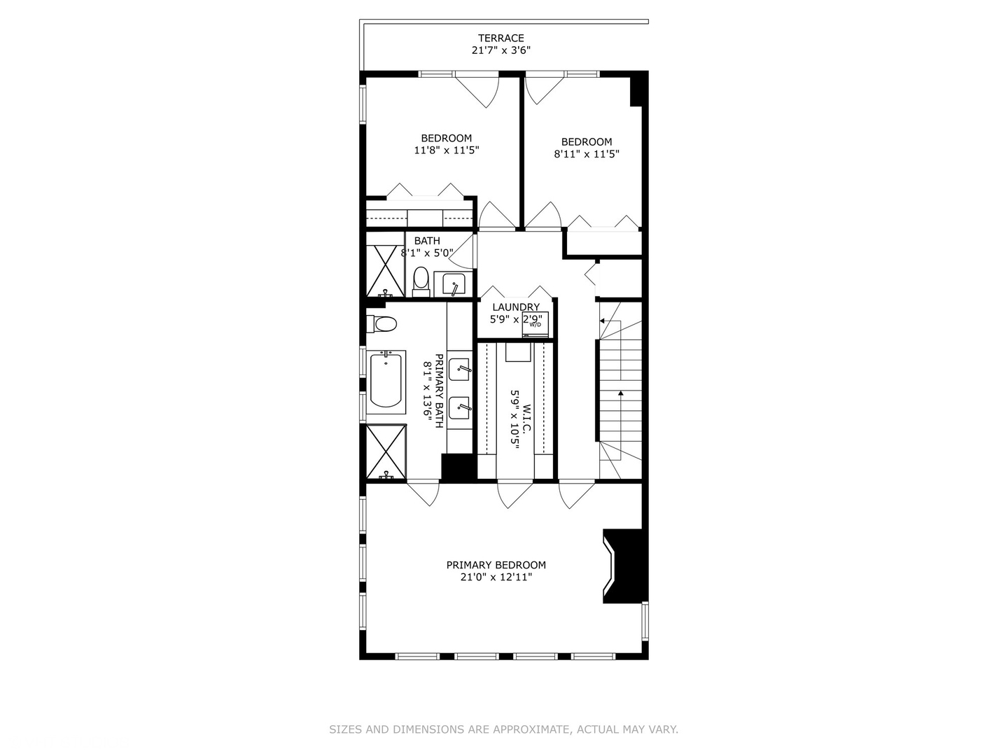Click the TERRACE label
point(500,38)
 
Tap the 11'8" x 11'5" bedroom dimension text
point(446,150)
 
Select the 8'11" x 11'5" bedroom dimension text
point(587,154)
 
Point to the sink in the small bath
point(454,285)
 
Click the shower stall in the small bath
point(385,271)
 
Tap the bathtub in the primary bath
point(386,380)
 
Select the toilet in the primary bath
point(382,324)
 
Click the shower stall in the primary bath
point(386,452)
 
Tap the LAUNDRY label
point(516,307)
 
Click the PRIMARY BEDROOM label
point(496,565)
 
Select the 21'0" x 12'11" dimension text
point(496,577)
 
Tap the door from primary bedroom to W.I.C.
point(514,493)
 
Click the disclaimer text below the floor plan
point(503,729)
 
